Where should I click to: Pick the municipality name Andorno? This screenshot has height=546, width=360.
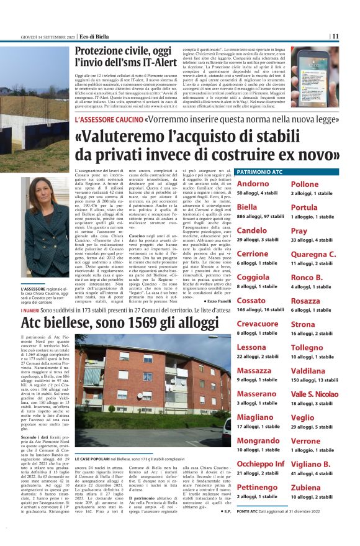pos(253,184)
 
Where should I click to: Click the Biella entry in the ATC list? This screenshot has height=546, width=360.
pos(247,207)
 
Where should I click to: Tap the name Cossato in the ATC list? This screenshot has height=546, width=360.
pos(251,301)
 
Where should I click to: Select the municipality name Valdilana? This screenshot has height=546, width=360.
pos(309,371)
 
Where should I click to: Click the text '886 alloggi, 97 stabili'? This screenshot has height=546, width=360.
pos(258,216)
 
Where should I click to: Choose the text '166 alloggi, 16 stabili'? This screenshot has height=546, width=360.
pos(258,309)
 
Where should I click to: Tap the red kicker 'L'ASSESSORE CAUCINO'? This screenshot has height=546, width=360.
pos(108,119)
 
